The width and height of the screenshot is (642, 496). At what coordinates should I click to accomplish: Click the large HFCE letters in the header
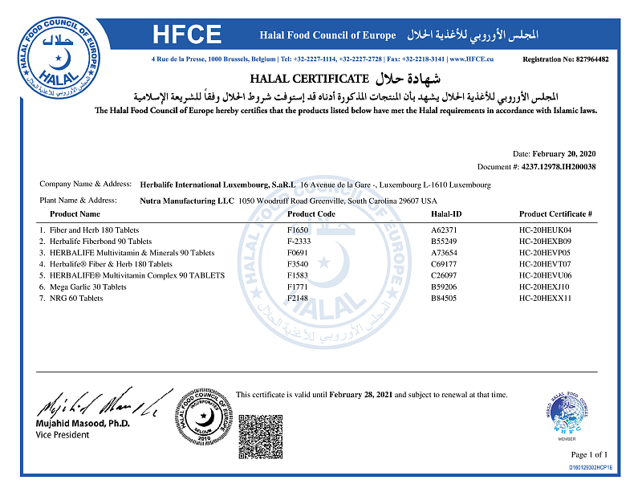[x=187, y=35]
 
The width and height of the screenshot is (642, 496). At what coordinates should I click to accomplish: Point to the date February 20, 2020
[x=567, y=153]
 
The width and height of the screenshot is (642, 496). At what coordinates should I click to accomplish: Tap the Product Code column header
[x=311, y=214]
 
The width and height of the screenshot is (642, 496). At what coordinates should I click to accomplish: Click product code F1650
[x=298, y=230]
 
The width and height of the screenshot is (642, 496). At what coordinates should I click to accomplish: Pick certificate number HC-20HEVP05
[x=545, y=253]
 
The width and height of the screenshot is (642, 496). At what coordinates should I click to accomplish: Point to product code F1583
[x=298, y=275]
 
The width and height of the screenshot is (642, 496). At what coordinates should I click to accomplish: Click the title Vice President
[x=63, y=434]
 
